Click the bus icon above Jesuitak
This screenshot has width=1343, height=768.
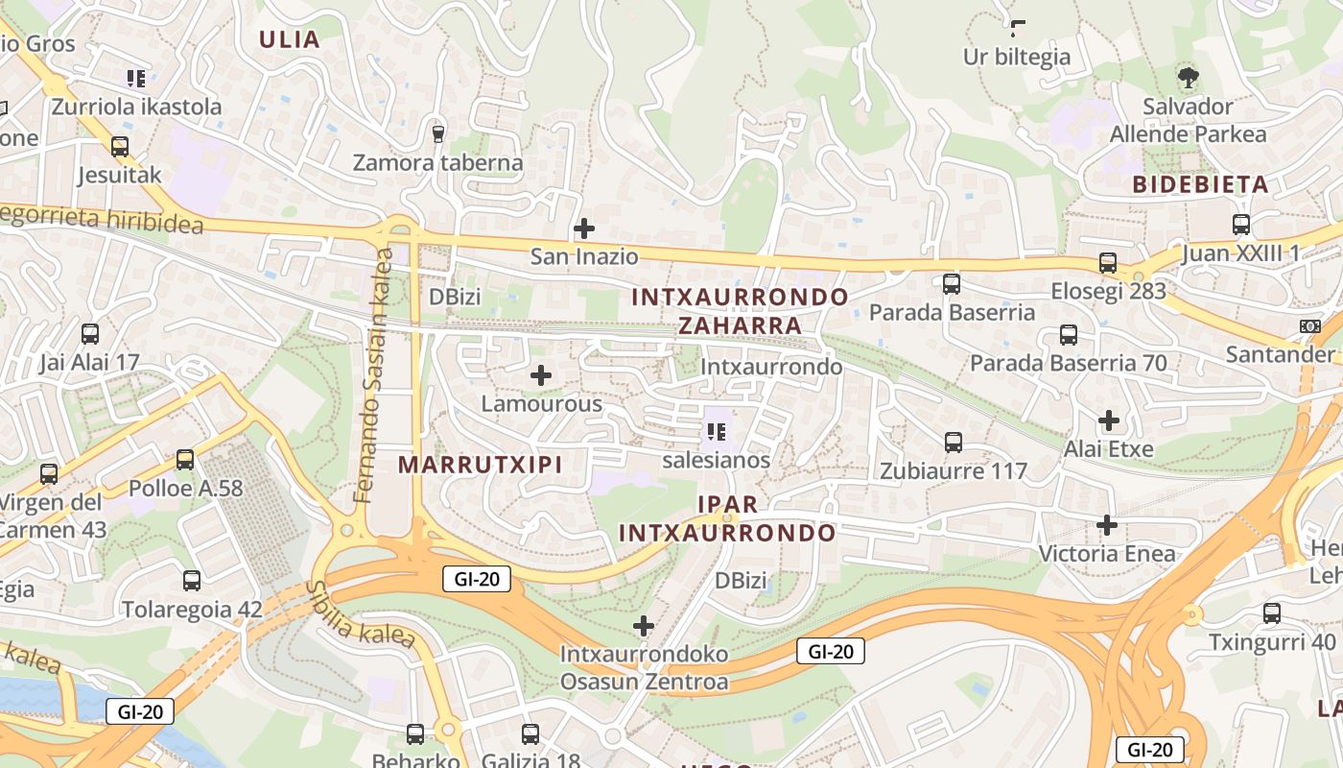pos(120,147)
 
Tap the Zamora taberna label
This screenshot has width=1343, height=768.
pos(437,162)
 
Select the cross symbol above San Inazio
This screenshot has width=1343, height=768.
pos(583,228)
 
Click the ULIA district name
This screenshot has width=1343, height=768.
pos(290,39)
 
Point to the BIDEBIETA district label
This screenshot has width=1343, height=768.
pos(1200,184)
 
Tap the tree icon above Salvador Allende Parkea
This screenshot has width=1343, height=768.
pos(1188,78)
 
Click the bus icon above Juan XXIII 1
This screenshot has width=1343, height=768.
pos(1240,225)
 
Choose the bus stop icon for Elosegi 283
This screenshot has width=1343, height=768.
pos(1108,263)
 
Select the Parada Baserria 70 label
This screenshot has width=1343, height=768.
pos(1068,363)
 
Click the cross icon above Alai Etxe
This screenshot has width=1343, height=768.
pos(1109,420)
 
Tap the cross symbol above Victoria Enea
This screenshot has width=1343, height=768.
pos(1107,524)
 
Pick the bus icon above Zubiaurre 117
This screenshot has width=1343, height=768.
pos(953,443)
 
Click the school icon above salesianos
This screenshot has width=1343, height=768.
pos(716,432)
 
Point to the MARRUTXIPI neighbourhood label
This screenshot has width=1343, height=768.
pos(480,465)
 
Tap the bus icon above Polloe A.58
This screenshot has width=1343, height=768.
pos(185,460)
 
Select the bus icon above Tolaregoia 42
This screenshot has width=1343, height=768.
pos(192,580)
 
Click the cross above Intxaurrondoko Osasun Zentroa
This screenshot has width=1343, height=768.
pos(644,626)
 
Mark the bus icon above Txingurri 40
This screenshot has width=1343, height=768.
pos(1272,612)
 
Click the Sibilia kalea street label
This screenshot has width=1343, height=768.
pos(361,614)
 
